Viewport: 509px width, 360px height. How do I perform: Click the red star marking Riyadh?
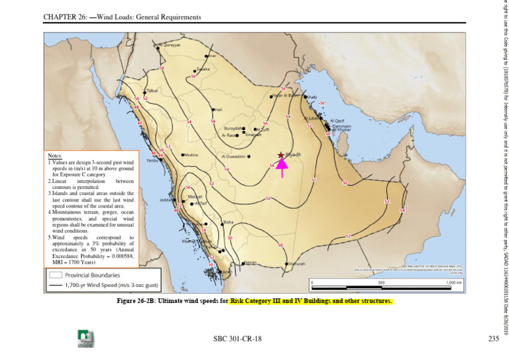[x=281, y=154]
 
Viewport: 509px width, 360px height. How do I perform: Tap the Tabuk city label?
[x=152, y=90]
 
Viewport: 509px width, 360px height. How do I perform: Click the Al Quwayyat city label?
[x=170, y=45]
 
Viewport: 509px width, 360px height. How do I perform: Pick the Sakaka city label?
[x=203, y=69]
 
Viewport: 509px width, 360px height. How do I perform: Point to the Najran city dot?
[x=243, y=263]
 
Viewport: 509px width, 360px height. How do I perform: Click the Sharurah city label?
[x=296, y=264]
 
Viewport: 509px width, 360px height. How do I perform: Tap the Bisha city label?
[x=229, y=222]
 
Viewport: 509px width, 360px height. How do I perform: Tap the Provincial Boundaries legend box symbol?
[x=56, y=274]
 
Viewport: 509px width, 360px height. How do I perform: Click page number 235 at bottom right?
[x=490, y=339]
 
